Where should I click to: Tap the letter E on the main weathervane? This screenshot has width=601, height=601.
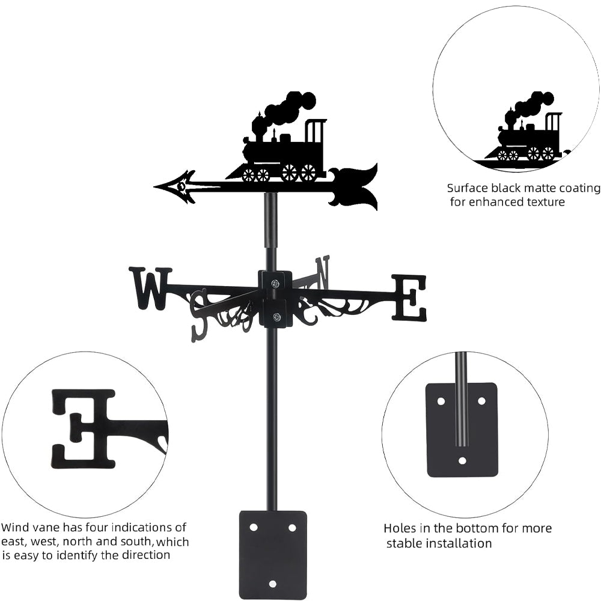409,297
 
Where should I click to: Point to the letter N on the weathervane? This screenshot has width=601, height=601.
323,272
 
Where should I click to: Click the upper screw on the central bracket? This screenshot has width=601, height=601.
275,283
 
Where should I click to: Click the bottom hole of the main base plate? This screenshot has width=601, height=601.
273,584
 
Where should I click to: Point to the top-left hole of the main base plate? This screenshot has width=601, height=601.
254,527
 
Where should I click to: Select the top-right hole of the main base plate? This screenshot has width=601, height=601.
292,527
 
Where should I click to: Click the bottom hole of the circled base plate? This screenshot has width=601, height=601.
462,461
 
